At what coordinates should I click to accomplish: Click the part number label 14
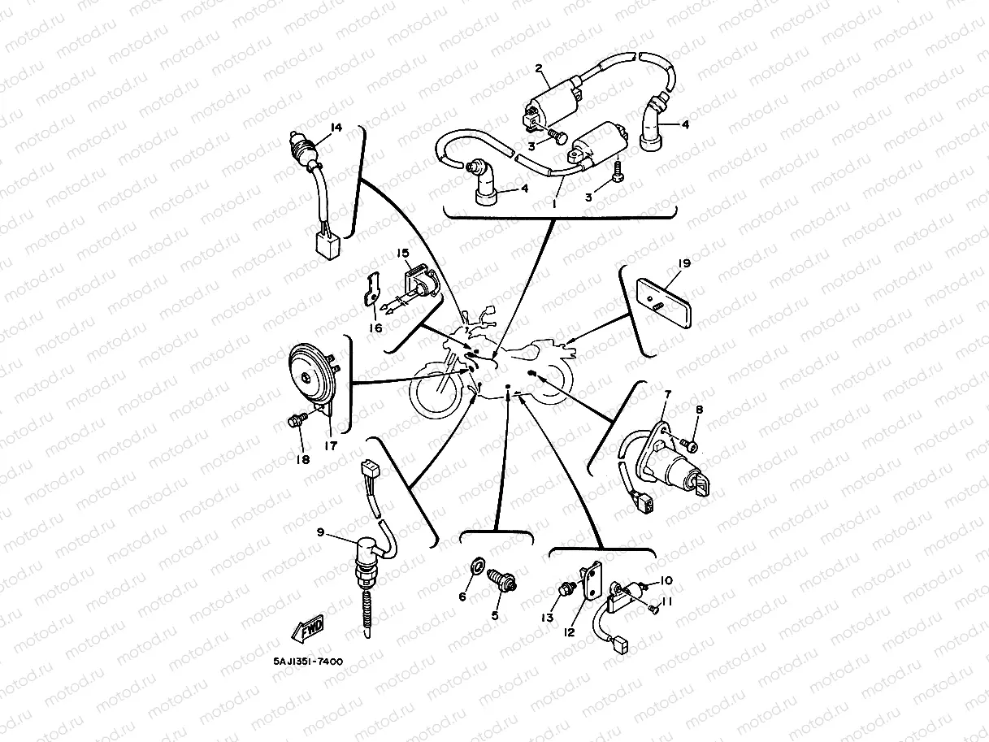pyautogui.click(x=336, y=128)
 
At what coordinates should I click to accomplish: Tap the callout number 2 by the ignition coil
pyautogui.click(x=539, y=68)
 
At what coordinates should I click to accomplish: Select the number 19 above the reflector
pyautogui.click(x=684, y=263)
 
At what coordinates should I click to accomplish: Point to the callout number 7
pyautogui.click(x=668, y=394)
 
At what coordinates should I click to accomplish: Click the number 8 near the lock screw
pyautogui.click(x=699, y=410)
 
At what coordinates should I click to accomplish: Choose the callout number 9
pyautogui.click(x=320, y=532)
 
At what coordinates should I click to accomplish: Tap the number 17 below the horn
pyautogui.click(x=331, y=446)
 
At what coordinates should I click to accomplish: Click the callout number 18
pyautogui.click(x=303, y=459)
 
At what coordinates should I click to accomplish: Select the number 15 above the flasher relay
pyautogui.click(x=402, y=254)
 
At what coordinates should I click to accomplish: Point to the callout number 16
pyautogui.click(x=375, y=328)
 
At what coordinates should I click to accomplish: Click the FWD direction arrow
pyautogui.click(x=309, y=627)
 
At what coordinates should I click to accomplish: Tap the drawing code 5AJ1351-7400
pyautogui.click(x=308, y=662)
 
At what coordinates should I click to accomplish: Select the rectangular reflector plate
pyautogui.click(x=663, y=304)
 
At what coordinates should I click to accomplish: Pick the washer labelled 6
pyautogui.click(x=477, y=566)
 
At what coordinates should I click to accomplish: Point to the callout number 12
pyautogui.click(x=570, y=632)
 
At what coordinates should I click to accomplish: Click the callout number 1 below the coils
pyautogui.click(x=554, y=204)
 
